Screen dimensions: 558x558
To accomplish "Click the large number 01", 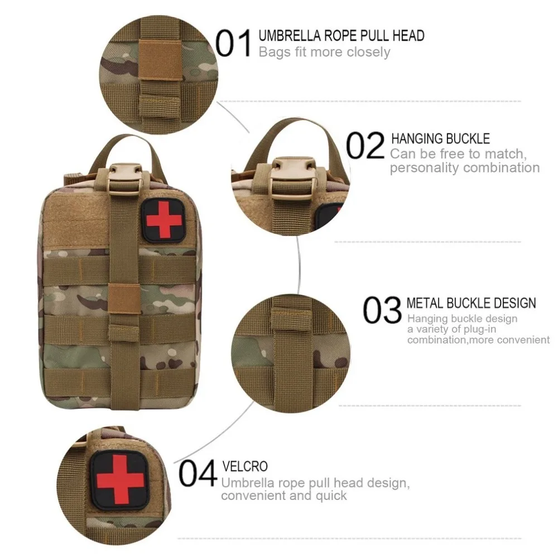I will (x=234, y=44).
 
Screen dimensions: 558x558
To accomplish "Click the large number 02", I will (x=365, y=146).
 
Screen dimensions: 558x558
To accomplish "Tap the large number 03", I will (x=382, y=310).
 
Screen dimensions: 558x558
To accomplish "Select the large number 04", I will (x=198, y=474).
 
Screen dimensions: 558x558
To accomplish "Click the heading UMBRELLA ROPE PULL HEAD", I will (x=341, y=36).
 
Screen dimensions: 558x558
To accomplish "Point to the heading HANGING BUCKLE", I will (x=440, y=138).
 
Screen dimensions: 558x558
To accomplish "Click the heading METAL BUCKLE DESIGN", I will (x=471, y=303).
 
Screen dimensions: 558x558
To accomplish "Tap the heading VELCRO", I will (x=245, y=466).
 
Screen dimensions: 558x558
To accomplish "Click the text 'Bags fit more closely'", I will (x=324, y=52).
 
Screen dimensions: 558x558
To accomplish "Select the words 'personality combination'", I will (x=465, y=167).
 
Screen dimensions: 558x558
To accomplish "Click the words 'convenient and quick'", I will (x=284, y=495).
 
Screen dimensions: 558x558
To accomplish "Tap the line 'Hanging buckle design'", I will (x=462, y=319).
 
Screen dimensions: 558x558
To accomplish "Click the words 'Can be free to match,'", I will (x=458, y=153).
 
